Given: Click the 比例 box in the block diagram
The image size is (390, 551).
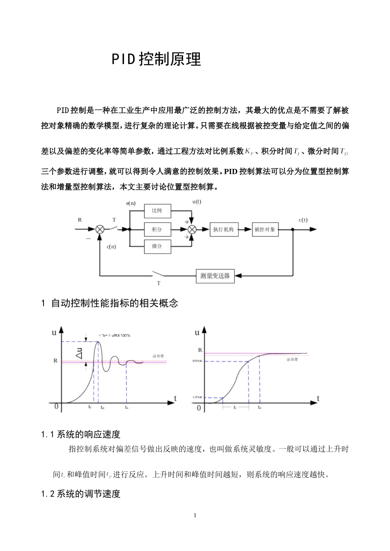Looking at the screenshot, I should point(157,211).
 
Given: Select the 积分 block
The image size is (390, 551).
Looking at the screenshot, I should point(157,229).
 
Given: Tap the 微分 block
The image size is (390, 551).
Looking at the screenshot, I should point(157,246).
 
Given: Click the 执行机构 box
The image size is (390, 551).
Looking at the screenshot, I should point(223,229).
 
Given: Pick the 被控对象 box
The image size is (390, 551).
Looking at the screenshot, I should point(265,229).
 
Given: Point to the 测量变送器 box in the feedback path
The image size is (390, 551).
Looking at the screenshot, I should point(215,275).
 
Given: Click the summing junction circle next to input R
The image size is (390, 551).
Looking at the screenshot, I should point(100,229).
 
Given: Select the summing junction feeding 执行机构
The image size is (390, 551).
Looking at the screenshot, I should point(191,229).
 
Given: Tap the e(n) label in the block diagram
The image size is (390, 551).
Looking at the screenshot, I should point(131,203).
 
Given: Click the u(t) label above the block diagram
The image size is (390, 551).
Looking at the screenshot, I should point(197,202).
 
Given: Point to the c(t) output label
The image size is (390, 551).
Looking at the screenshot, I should point(303,220).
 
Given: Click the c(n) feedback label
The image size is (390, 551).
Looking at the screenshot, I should point(111,247).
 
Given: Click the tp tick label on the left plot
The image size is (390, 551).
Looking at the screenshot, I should point(103,408).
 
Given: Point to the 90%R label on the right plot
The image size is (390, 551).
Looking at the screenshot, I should point(198,361).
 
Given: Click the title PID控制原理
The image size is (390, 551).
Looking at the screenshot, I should point(156,59).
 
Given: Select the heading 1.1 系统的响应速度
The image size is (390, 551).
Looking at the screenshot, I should point(81,434).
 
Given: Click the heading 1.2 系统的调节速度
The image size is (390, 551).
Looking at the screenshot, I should point(81,494).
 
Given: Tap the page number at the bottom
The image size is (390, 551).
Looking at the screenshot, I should point(195,515).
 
